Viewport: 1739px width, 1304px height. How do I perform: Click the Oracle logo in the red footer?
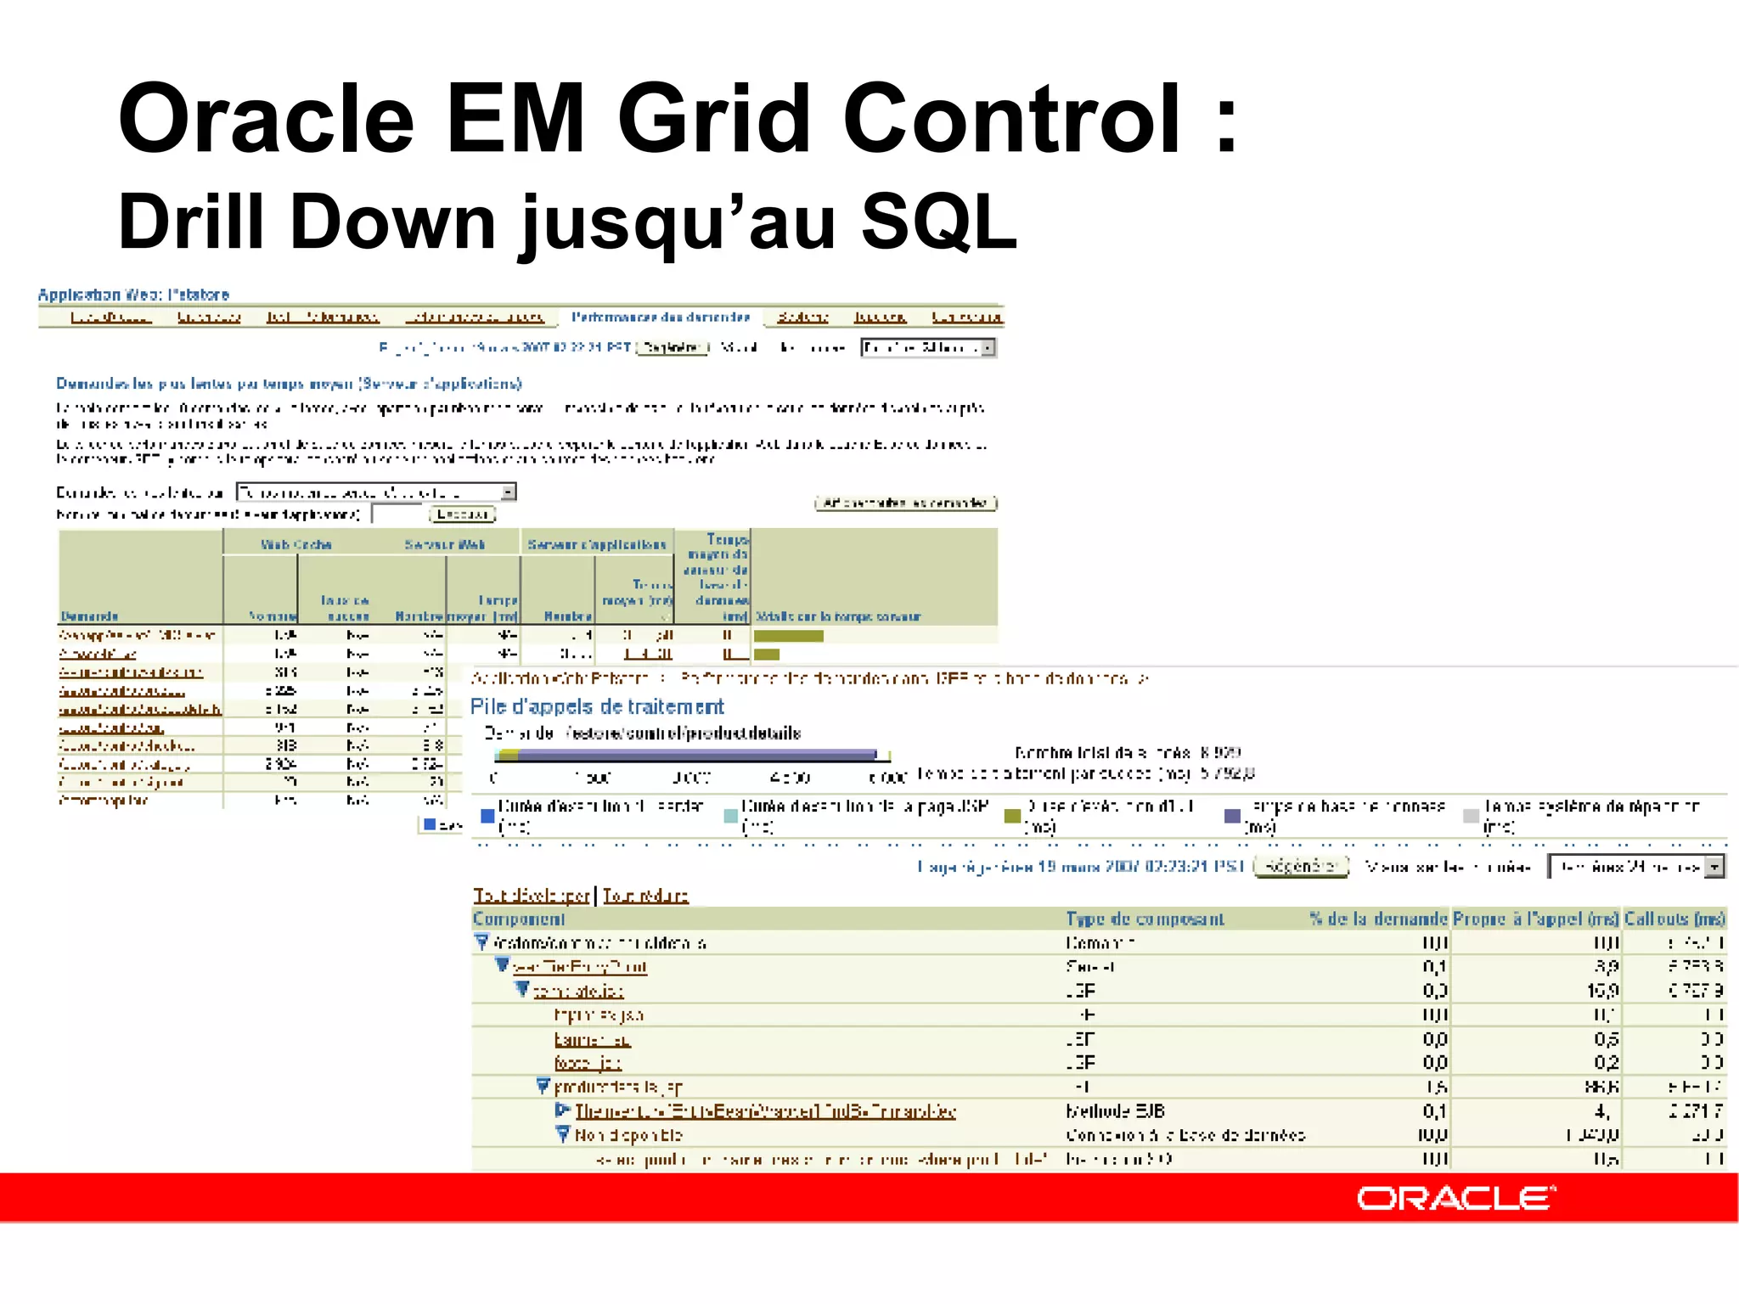pos(1455,1198)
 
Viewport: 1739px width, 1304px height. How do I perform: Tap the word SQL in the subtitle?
pos(939,222)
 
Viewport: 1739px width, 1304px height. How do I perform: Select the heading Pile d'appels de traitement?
pos(597,706)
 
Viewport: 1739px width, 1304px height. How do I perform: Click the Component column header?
pos(519,919)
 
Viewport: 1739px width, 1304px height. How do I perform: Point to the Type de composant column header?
pos(1145,919)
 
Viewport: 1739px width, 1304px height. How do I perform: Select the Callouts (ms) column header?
pos(1674,919)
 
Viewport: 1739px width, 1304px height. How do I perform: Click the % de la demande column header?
pos(1377,919)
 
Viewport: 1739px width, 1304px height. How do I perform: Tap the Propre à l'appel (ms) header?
pos(1535,919)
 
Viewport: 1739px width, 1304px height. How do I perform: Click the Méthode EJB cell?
pos(1115,1111)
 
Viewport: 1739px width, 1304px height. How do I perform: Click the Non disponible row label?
pos(628,1135)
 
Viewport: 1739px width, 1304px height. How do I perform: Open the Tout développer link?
pos(532,896)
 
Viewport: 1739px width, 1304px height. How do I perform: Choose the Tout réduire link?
pos(645,896)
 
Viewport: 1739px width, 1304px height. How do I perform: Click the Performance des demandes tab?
pos(661,318)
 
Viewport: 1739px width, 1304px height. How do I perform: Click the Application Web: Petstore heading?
pos(133,295)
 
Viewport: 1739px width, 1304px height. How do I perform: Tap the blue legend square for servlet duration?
pos(487,816)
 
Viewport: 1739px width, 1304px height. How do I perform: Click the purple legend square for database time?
pos(1232,816)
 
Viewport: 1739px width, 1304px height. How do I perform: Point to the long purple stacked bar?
pos(696,754)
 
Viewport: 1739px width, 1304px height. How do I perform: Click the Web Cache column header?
pos(295,544)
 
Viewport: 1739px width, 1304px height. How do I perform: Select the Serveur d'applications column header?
pos(597,544)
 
